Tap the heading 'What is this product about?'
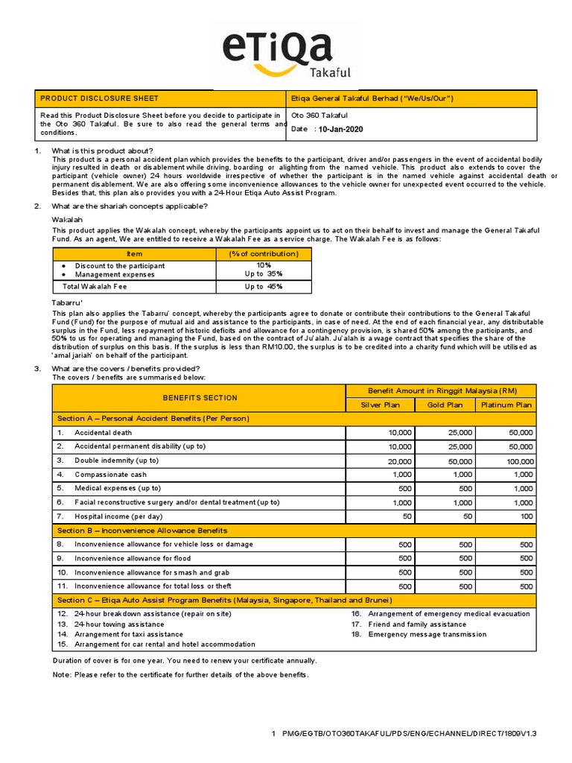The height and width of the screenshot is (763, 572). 102,151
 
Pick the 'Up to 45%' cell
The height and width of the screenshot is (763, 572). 264,286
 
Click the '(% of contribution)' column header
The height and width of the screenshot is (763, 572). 264,254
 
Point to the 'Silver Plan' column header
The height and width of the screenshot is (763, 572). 380,405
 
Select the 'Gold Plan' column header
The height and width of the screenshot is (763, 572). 444,405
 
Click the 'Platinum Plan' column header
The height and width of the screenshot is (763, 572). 506,405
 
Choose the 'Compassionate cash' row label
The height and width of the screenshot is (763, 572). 110,475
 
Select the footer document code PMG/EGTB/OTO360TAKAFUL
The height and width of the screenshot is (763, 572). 409,734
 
